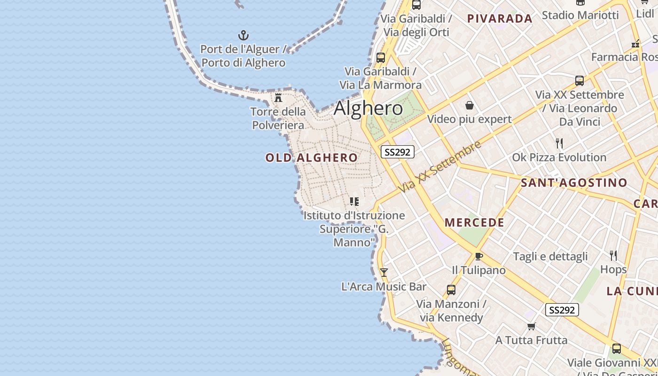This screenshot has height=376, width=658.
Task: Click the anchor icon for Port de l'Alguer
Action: coord(243,35)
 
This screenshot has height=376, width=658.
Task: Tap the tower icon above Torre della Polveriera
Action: coord(278,98)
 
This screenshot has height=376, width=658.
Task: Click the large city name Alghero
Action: coord(368,109)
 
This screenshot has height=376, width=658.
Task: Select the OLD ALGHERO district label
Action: coord(312,157)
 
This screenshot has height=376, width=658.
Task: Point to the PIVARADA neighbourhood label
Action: coord(500,19)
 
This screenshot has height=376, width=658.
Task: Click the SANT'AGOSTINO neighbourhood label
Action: coord(574,182)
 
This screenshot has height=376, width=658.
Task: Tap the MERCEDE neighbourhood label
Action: coord(474,222)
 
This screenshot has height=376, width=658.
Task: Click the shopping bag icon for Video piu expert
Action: coord(469,105)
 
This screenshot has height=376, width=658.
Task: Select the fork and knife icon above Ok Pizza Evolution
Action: coord(559,143)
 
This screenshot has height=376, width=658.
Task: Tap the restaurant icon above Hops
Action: coord(613,255)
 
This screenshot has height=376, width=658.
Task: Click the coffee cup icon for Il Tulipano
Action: coord(478,256)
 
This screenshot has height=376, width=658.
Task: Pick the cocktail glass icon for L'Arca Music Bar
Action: coord(384,272)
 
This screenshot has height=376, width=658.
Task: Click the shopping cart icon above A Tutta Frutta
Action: coord(531,326)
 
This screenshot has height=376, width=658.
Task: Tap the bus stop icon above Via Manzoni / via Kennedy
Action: coord(451,290)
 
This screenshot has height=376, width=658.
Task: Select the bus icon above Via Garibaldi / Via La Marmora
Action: coord(380,58)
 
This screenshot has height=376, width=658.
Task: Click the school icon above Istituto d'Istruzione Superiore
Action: coord(354,202)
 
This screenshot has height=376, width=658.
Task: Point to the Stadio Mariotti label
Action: coord(580,15)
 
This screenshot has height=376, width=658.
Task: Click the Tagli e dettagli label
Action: coord(550,256)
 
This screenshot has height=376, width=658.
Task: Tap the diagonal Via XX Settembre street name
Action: coord(439,166)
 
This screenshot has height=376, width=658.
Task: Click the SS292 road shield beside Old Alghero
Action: coord(397,152)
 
